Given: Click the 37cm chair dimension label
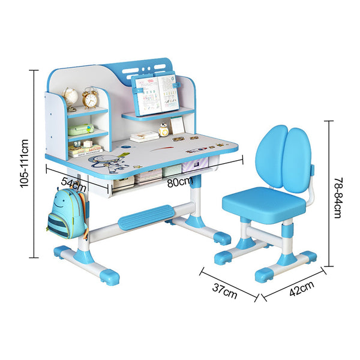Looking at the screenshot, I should (x=225, y=292).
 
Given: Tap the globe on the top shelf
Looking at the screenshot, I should (x=70, y=97).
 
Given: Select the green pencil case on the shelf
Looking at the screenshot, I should (x=80, y=129).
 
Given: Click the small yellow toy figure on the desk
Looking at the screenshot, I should (x=163, y=128).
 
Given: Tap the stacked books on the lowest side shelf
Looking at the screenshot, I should (x=84, y=148).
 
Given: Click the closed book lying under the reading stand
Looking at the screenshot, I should (x=144, y=137).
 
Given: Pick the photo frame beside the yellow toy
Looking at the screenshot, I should (x=178, y=125).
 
